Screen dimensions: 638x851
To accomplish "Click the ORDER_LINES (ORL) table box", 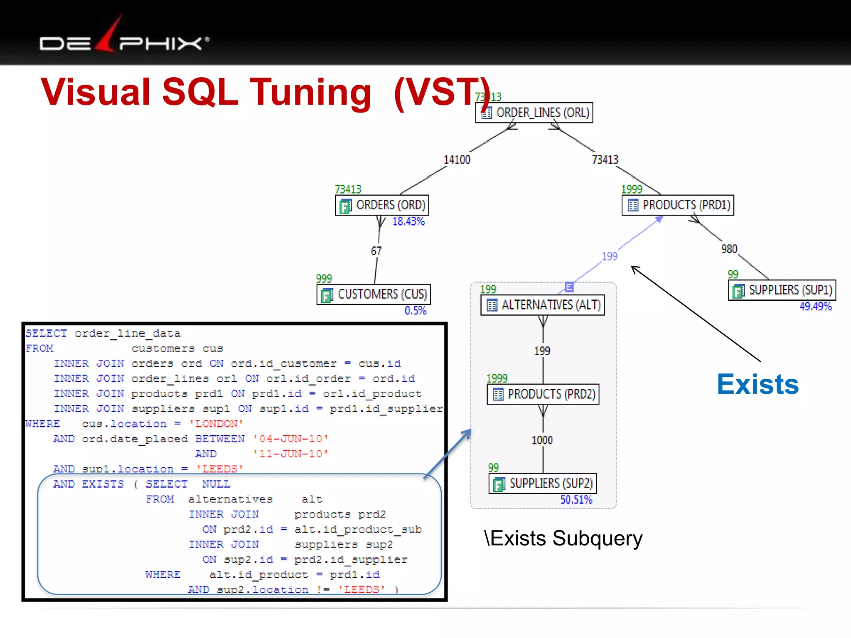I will tap(534, 113).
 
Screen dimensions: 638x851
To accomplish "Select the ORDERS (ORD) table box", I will tap(382, 205).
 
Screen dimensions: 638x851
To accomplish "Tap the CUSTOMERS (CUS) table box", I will tap(374, 294).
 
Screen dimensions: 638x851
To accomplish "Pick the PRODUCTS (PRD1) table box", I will tap(678, 205).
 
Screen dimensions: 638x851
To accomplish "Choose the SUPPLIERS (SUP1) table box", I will tap(782, 290).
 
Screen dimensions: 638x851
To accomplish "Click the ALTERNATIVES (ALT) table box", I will tap(543, 305).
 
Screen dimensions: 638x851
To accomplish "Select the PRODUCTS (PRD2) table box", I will tap(543, 394).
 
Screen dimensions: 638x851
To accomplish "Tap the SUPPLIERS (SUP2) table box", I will tap(543, 483).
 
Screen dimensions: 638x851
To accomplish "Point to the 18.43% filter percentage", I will tap(408, 222).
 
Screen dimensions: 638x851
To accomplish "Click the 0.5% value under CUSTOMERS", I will tap(416, 311).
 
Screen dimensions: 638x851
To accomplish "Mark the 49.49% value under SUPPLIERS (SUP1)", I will tap(816, 307).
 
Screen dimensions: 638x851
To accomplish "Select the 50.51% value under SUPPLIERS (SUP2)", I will tap(576, 500).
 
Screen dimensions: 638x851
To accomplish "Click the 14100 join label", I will tap(457, 160).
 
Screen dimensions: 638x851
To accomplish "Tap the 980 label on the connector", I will tap(729, 249).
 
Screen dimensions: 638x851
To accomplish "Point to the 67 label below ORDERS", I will tap(376, 251).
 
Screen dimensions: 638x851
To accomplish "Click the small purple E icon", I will tap(569, 287).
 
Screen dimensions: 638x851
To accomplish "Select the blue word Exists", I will tap(758, 384).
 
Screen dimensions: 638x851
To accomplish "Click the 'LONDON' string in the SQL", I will tap(216, 424).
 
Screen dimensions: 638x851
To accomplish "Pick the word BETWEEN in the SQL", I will tap(220, 439).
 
